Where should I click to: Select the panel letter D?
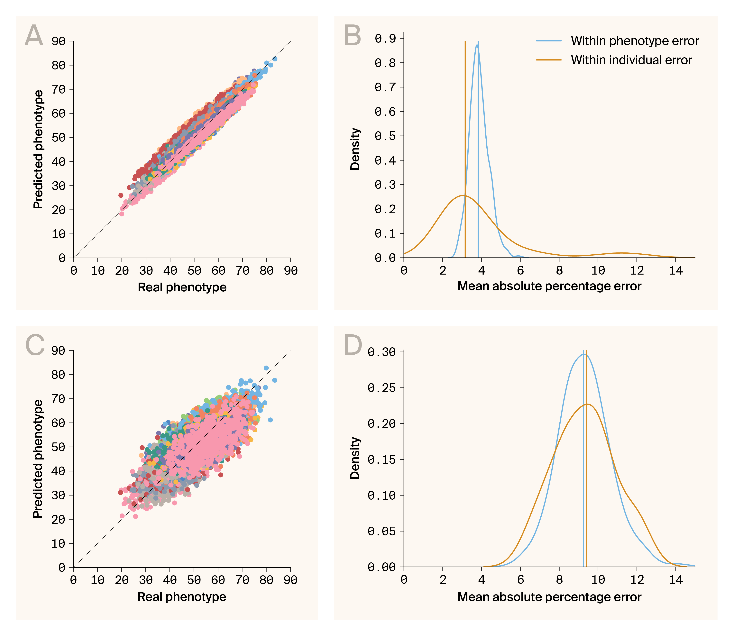[353, 345]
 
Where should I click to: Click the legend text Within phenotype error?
[634, 41]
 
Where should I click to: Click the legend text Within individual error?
[631, 60]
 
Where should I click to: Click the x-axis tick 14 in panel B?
[675, 271]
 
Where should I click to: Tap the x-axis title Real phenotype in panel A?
[182, 287]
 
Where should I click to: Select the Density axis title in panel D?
[355, 458]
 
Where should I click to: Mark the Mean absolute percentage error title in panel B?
[549, 286]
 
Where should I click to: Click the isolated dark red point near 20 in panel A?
[121, 195]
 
